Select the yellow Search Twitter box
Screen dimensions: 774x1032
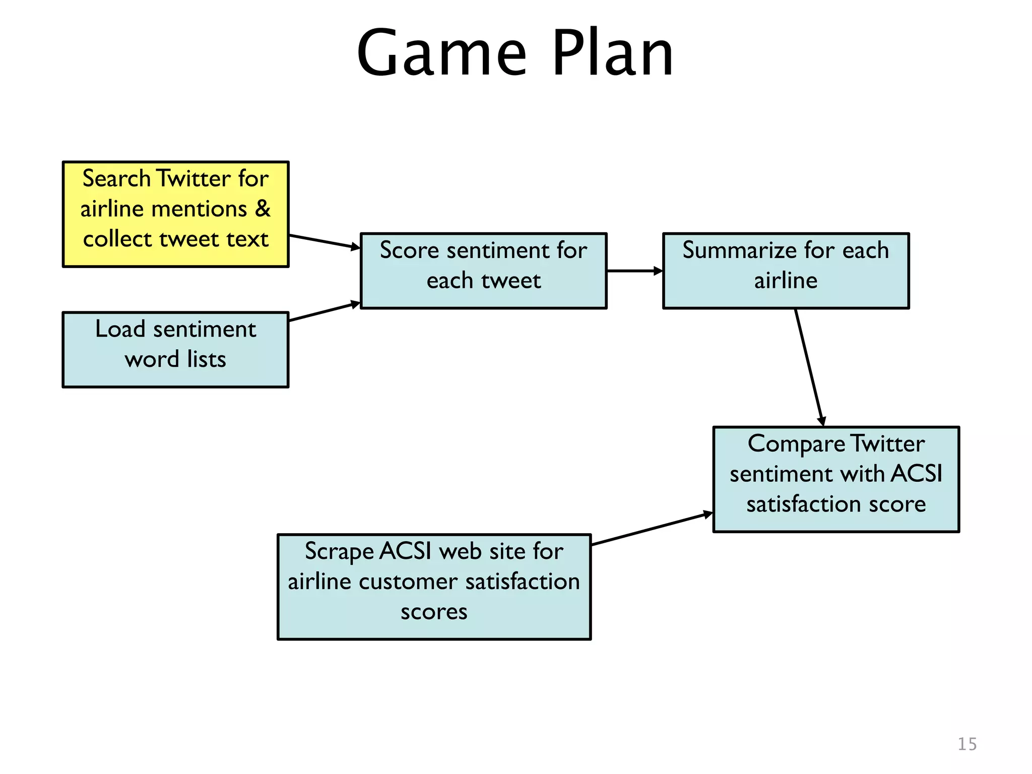pyautogui.click(x=175, y=214)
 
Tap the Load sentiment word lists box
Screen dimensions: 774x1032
pyautogui.click(x=175, y=350)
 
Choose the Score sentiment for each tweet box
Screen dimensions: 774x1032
pyautogui.click(x=483, y=271)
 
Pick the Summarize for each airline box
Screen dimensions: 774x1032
pyautogui.click(x=786, y=271)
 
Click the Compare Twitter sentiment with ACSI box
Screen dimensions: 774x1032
pyautogui.click(x=835, y=479)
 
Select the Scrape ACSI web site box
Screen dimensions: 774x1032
pyautogui.click(x=434, y=587)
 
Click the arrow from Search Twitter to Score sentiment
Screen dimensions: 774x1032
pyautogui.click(x=325, y=242)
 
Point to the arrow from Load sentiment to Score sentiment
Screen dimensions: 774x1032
pyautogui.click(x=325, y=311)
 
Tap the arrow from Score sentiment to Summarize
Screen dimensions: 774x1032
pyautogui.click(x=634, y=271)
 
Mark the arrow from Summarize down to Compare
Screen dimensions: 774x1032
pyautogui.click(x=809, y=367)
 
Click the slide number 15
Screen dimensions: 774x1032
pyautogui.click(x=966, y=744)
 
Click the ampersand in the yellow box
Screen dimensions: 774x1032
pyautogui.click(x=263, y=209)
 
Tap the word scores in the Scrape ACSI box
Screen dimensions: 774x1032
pyautogui.click(x=434, y=612)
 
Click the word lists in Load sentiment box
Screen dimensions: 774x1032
pyautogui.click(x=206, y=360)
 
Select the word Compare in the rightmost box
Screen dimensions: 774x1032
pyautogui.click(x=796, y=444)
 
